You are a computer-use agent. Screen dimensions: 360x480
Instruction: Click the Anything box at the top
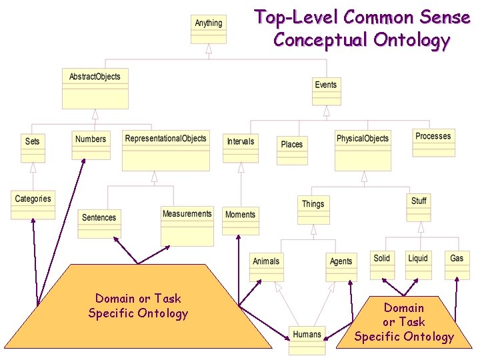(x=209, y=29)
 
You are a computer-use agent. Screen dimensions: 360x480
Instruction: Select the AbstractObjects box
(x=95, y=88)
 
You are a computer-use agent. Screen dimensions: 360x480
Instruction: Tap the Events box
(x=326, y=91)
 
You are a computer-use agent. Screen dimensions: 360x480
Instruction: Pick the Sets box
(x=33, y=147)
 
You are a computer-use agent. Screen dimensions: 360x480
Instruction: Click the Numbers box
(x=91, y=145)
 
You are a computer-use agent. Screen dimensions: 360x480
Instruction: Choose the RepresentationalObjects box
(x=166, y=149)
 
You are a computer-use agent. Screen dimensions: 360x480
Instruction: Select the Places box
(x=292, y=150)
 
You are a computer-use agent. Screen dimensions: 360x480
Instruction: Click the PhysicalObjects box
(x=363, y=149)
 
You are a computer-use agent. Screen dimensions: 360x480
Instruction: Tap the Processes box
(x=433, y=142)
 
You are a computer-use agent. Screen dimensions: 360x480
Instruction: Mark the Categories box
(x=33, y=205)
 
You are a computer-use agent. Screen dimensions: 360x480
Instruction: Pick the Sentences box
(x=99, y=223)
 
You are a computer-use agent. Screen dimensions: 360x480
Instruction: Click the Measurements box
(x=187, y=225)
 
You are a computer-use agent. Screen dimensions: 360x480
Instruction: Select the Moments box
(x=241, y=221)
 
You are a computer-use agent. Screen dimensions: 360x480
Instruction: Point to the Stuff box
(x=419, y=206)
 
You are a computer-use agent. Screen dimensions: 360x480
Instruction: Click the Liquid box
(x=418, y=264)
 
